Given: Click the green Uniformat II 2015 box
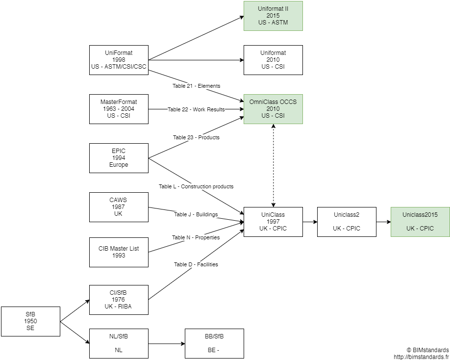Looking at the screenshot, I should click(x=273, y=16).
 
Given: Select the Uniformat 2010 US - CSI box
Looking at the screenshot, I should click(x=273, y=60).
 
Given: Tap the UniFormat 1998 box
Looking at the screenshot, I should click(x=119, y=60).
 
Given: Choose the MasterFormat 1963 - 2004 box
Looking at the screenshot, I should click(x=119, y=109).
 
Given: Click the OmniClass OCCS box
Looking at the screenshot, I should click(x=273, y=109).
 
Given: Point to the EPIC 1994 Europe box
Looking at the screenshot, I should click(x=119, y=158).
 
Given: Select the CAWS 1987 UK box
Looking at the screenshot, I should click(x=119, y=207).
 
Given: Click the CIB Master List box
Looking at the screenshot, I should click(x=119, y=252).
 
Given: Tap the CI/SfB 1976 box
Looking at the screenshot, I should click(x=119, y=300).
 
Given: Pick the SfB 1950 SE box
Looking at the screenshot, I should click(x=30, y=321).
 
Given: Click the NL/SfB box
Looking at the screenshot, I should click(x=119, y=343).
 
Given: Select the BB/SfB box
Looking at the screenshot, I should click(x=214, y=343).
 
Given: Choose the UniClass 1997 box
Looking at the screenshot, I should click(x=273, y=222).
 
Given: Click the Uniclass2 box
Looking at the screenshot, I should click(x=347, y=222).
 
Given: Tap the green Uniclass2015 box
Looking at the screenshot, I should click(x=420, y=222).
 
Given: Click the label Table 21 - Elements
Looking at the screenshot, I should click(x=196, y=86).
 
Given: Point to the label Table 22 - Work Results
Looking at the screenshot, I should click(x=196, y=109).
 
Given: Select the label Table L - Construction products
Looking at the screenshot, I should click(x=196, y=186).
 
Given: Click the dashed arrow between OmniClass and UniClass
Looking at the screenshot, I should click(x=273, y=167).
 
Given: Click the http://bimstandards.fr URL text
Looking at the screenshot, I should click(x=421, y=357).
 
